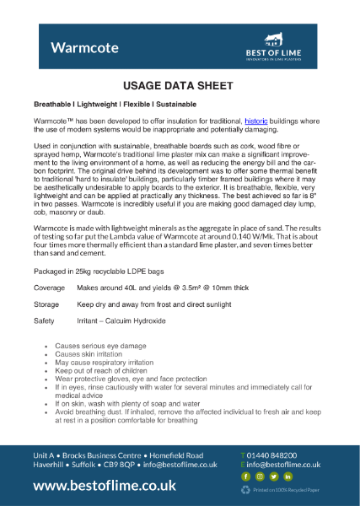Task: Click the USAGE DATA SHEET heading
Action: [x=180, y=86]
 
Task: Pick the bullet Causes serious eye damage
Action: [x=98, y=347]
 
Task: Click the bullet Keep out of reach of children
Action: [x=100, y=369]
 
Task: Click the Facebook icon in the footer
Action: [x=247, y=476]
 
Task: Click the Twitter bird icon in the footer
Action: [x=273, y=476]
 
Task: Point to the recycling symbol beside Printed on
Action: [x=247, y=489]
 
